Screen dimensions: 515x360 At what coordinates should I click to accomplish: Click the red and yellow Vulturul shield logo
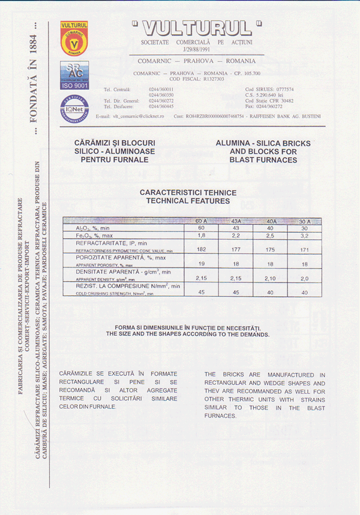pyautogui.click(x=74, y=38)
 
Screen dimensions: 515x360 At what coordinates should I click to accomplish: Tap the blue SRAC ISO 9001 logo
pyautogui.click(x=74, y=76)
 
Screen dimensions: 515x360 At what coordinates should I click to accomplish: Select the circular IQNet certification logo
pyautogui.click(x=74, y=109)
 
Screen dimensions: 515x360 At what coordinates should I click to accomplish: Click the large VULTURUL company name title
pyautogui.click(x=196, y=28)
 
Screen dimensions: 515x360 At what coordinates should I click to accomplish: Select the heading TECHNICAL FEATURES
pyautogui.click(x=188, y=201)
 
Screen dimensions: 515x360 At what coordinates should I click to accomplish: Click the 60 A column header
pyautogui.click(x=201, y=221)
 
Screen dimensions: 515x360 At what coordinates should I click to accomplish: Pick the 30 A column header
pyautogui.click(x=304, y=221)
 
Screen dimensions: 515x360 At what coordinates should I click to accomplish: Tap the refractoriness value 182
pyautogui.click(x=201, y=249)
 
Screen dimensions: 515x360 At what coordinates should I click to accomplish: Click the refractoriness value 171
pyautogui.click(x=304, y=249)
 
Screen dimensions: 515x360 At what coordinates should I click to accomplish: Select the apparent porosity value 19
pyautogui.click(x=201, y=264)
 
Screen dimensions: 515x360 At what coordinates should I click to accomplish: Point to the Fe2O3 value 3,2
pyautogui.click(x=304, y=235)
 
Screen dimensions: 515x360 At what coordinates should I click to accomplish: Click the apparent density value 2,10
pyautogui.click(x=271, y=278)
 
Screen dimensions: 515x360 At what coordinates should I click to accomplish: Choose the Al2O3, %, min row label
pyautogui.click(x=93, y=228)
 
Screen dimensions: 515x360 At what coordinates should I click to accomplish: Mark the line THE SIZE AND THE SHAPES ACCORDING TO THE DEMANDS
pyautogui.click(x=188, y=334)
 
